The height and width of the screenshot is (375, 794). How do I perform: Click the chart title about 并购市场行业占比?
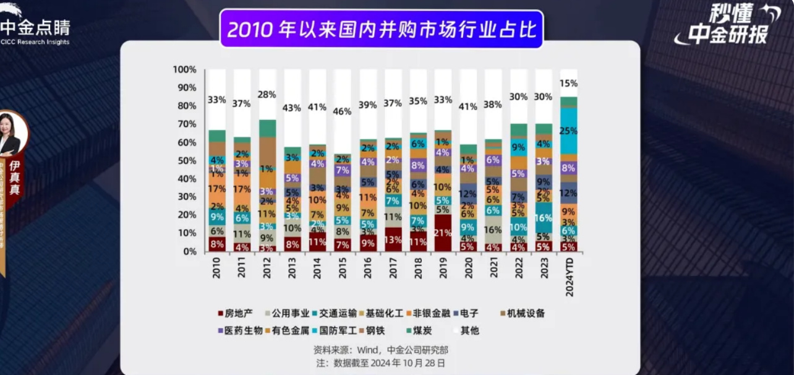[x=381, y=29]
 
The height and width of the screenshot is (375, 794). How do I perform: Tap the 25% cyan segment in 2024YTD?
[x=569, y=131]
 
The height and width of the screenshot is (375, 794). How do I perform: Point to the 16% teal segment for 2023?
[x=543, y=218]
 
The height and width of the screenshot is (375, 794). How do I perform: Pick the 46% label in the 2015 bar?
[x=343, y=112]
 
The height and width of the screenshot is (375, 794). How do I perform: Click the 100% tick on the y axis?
[x=185, y=69]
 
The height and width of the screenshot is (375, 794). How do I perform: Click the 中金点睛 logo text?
[x=35, y=28]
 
